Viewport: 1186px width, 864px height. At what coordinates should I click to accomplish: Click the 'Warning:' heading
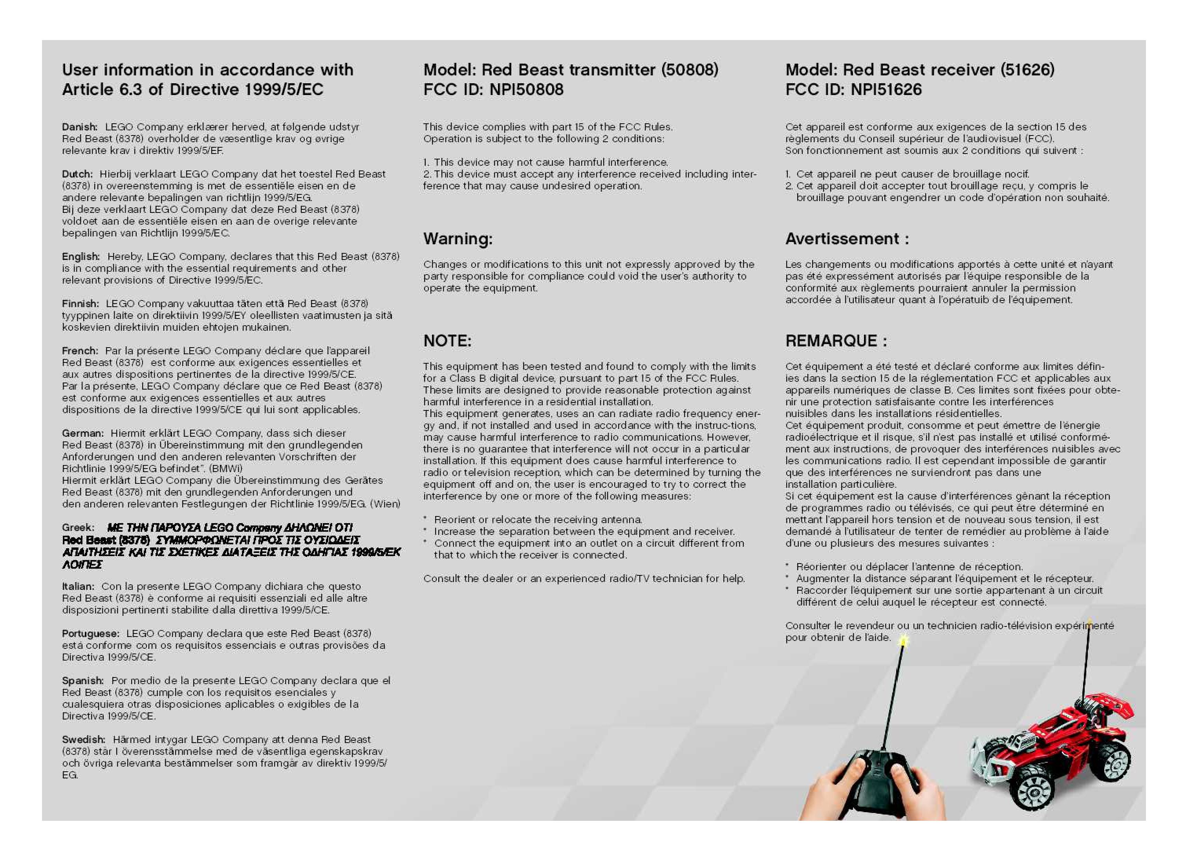point(458,239)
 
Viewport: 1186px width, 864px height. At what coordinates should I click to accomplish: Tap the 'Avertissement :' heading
point(847,239)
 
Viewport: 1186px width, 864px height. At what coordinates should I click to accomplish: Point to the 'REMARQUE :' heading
point(836,341)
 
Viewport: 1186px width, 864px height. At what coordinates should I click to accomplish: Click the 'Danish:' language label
point(79,127)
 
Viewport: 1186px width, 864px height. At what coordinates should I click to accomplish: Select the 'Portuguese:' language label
point(90,633)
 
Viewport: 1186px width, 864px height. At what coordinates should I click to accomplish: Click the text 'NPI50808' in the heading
point(527,90)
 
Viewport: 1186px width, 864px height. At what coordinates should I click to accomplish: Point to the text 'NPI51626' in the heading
point(886,90)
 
